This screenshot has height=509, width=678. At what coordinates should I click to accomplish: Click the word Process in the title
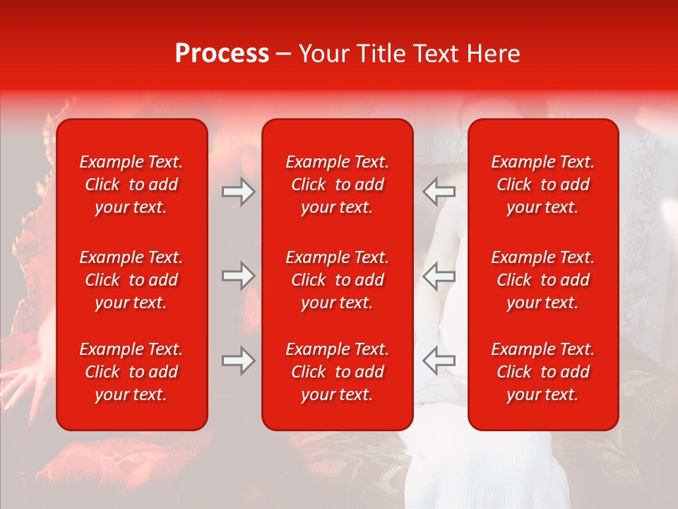pyautogui.click(x=222, y=54)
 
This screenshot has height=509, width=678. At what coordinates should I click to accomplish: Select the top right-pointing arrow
pyautogui.click(x=238, y=191)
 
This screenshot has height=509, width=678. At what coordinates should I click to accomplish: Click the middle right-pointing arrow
pyautogui.click(x=238, y=276)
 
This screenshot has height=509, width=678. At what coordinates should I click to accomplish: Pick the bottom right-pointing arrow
pyautogui.click(x=238, y=361)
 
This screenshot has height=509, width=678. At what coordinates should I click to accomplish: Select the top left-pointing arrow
pyautogui.click(x=439, y=191)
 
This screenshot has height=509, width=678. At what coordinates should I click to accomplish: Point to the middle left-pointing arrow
pyautogui.click(x=439, y=276)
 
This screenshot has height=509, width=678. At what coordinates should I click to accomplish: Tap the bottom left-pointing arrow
pyautogui.click(x=439, y=361)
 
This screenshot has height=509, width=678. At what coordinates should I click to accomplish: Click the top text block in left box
pyautogui.click(x=131, y=185)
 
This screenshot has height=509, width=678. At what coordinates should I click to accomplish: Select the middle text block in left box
pyautogui.click(x=131, y=280)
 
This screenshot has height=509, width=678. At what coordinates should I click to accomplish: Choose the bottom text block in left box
pyautogui.click(x=131, y=372)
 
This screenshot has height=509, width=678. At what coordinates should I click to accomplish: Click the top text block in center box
pyautogui.click(x=337, y=185)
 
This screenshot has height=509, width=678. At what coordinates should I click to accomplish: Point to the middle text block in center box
pyautogui.click(x=337, y=280)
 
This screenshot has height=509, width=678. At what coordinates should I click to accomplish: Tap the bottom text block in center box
pyautogui.click(x=337, y=372)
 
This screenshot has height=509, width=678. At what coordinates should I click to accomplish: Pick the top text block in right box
pyautogui.click(x=542, y=185)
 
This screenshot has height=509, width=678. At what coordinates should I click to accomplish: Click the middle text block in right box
pyautogui.click(x=542, y=280)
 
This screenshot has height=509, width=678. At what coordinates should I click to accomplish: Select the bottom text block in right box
pyautogui.click(x=542, y=372)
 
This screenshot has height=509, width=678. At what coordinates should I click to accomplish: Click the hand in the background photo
pyautogui.click(x=25, y=382)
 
